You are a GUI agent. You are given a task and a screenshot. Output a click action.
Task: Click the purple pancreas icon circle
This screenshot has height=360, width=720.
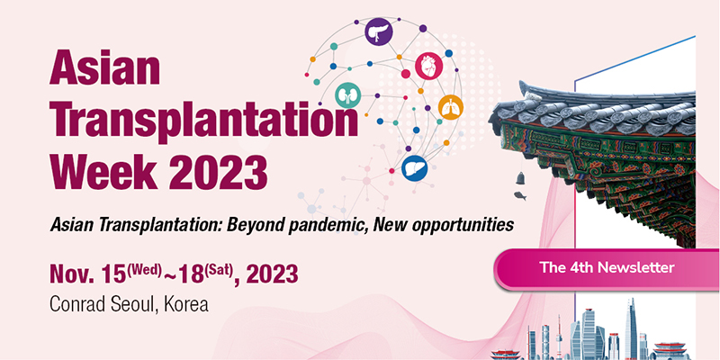pyautogui.click(x=379, y=31)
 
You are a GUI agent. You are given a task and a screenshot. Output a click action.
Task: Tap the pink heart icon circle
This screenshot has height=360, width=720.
pyautogui.click(x=429, y=66)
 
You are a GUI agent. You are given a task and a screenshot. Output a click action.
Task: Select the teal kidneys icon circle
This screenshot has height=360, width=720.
pyautogui.click(x=347, y=95)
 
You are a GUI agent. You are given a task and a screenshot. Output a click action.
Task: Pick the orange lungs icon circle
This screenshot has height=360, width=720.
pyautogui.click(x=451, y=107)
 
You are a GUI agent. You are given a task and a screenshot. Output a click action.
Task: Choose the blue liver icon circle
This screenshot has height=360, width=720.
pyautogui.click(x=415, y=168)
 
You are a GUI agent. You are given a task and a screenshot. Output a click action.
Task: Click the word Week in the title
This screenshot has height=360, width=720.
pyautogui.click(x=103, y=172)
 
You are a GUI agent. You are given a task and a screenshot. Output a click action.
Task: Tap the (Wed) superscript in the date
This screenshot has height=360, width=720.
pyautogui.click(x=144, y=269)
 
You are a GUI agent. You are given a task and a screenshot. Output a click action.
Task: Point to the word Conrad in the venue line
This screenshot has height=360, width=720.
pyautogui.click(x=78, y=304)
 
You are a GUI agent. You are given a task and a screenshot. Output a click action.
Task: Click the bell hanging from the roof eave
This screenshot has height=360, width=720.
pyautogui.click(x=520, y=178)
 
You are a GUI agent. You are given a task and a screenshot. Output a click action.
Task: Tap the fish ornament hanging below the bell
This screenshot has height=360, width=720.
pyautogui.click(x=520, y=195)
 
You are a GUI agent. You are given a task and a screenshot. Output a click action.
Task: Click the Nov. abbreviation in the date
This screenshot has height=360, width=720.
pyautogui.click(x=73, y=275)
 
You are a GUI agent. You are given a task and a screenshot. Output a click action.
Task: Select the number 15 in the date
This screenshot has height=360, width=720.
pyautogui.click(x=115, y=275)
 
